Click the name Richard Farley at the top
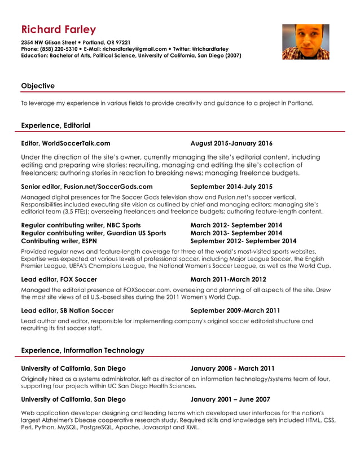tap(59, 30)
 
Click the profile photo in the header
tap(305, 42)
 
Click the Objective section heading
tap(38, 86)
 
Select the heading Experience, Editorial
tap(55, 125)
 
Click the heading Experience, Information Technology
tap(82, 350)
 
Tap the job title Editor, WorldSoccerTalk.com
tap(65, 143)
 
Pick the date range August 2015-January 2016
tap(231, 143)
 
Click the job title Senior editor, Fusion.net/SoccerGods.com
tap(86, 186)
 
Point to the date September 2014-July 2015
tap(231, 186)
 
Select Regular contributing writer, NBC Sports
tap(81, 225)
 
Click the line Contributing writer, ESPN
tap(63, 241)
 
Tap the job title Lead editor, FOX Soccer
tap(59, 279)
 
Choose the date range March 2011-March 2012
tap(228, 279)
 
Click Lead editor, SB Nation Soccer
tap(67, 310)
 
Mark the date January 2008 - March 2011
tap(232, 368)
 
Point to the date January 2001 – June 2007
tap(230, 399)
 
